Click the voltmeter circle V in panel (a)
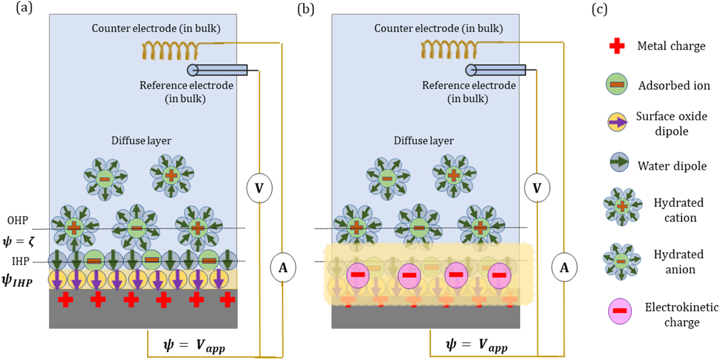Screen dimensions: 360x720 pos(259,188)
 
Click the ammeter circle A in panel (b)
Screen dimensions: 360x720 pos(564,267)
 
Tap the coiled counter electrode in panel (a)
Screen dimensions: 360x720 pos(170,50)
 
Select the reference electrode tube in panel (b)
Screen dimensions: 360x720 pos(496,70)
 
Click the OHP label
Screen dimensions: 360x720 pos(18,220)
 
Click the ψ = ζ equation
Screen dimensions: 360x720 pos(19,241)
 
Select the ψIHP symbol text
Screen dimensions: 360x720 pos(17,281)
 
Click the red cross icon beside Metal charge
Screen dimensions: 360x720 pos(617,46)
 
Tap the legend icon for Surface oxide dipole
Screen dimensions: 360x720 pos(617,123)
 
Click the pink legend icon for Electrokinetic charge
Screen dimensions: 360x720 pos(620,311)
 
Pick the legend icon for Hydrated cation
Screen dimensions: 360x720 pos(622,206)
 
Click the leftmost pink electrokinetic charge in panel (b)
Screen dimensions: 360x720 pos(358,275)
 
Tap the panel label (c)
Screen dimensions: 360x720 pos(599,9)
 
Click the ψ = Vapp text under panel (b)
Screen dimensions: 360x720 pos(476,345)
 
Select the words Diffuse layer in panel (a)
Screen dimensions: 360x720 pos(141,141)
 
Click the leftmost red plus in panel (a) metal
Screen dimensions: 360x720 pos(66,299)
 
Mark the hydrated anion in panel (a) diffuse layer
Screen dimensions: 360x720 pos(105,179)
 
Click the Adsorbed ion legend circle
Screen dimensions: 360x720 pos(617,84)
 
